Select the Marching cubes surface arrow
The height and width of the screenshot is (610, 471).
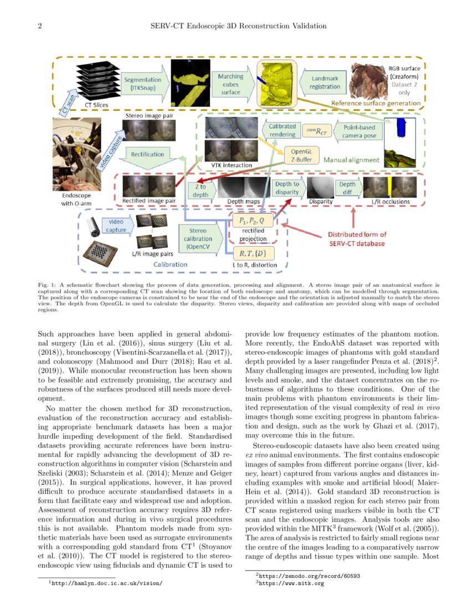231,84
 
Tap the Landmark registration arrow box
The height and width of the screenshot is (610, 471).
325,83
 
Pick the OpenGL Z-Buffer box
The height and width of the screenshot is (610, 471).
301,155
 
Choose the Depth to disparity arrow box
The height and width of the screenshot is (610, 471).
287,188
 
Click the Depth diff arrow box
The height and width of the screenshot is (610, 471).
349,189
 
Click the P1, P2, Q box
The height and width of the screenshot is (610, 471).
253,221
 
